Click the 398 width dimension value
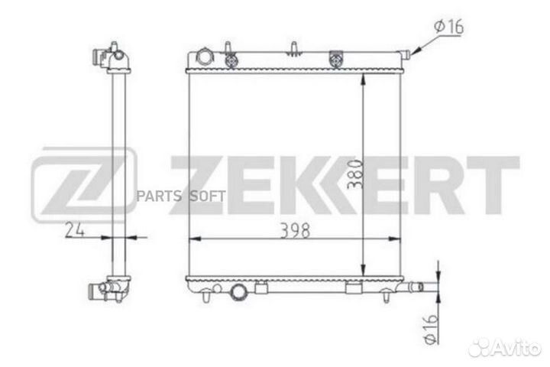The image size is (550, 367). click(296, 231)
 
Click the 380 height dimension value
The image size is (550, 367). click(354, 174)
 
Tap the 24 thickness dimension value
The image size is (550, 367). click(75, 230)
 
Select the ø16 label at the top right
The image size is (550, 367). click(449, 27)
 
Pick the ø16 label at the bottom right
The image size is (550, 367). click(431, 329)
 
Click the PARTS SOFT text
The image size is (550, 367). click(181, 196)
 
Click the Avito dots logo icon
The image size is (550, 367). click(480, 347)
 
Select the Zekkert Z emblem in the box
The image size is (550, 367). click(84, 185)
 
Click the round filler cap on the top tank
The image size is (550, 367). click(204, 57)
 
